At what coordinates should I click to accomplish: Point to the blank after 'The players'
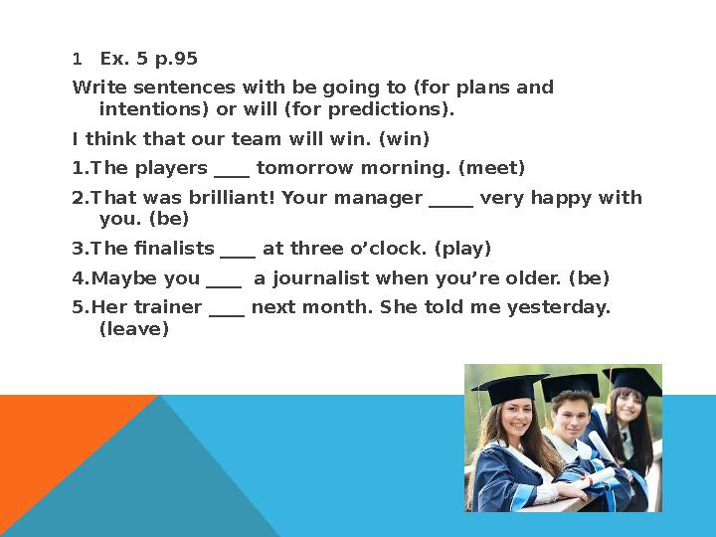(231, 167)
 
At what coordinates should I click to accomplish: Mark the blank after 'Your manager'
(450, 198)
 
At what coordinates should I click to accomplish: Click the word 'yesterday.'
(559, 307)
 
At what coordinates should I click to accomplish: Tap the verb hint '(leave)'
(134, 328)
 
